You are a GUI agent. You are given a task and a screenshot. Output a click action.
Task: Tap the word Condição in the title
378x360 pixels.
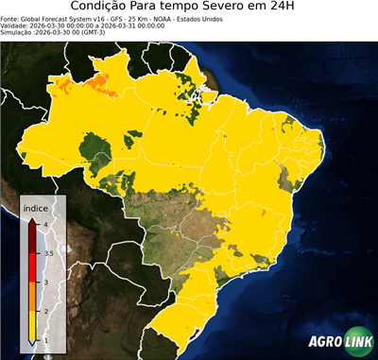[105, 8]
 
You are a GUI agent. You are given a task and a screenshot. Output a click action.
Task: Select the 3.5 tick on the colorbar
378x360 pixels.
[46, 253]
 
